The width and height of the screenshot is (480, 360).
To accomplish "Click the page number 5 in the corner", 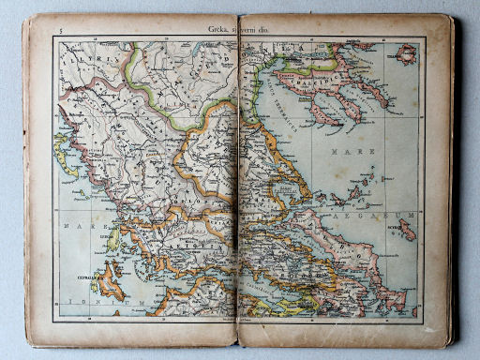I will coord(59,30).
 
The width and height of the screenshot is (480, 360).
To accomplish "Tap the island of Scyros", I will coord(405,229).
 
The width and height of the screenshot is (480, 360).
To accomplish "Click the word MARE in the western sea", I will coord(73,226).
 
